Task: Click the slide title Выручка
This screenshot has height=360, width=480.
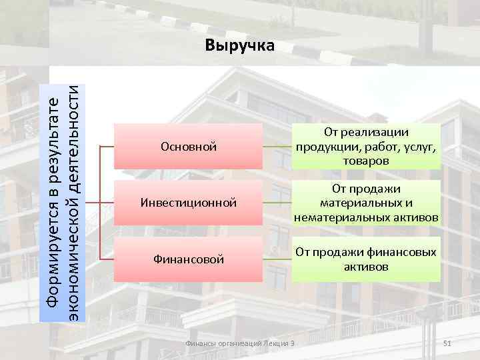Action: pyautogui.click(x=239, y=45)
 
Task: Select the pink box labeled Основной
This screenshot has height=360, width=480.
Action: pyautogui.click(x=189, y=146)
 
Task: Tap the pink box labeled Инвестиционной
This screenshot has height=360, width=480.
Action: pyautogui.click(x=189, y=202)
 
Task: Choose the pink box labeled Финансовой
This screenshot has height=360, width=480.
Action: pyautogui.click(x=189, y=258)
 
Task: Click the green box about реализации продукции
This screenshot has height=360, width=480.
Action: pyautogui.click(x=366, y=146)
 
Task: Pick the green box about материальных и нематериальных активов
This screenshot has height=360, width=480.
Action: pyautogui.click(x=366, y=202)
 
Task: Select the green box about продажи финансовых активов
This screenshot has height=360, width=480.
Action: pyautogui.click(x=366, y=259)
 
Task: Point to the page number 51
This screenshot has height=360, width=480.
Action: pyautogui.click(x=448, y=343)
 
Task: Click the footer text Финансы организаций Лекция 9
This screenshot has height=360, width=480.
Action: pyautogui.click(x=239, y=343)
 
